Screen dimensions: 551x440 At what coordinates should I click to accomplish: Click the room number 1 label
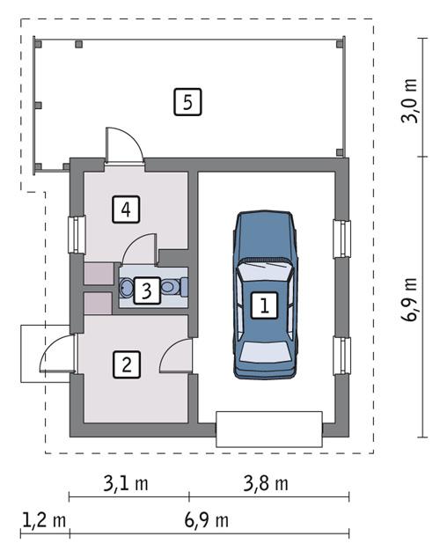[x=263, y=305]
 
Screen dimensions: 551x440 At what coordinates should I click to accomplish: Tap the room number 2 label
[x=127, y=364]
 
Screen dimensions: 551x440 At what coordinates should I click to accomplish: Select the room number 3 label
[x=148, y=290]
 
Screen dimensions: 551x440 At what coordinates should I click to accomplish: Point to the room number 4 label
[x=127, y=209]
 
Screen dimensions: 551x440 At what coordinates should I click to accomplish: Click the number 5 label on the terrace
[x=187, y=102]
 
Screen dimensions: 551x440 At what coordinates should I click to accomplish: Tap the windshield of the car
[x=264, y=270]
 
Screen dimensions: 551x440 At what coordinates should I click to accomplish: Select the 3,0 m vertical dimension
[x=411, y=102]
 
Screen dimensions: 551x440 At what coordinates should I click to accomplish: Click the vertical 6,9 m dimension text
[x=411, y=302]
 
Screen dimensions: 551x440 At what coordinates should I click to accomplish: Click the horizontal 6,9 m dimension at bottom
[x=207, y=520]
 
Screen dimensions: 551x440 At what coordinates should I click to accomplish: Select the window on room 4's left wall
[x=76, y=235]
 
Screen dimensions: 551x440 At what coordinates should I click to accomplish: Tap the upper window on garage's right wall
[x=341, y=239]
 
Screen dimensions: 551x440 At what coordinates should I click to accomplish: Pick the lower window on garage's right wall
[x=341, y=357]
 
